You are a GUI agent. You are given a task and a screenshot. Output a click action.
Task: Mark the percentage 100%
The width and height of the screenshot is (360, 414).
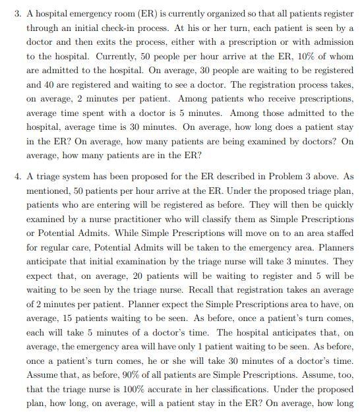pyautogui.click(x=137, y=390)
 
